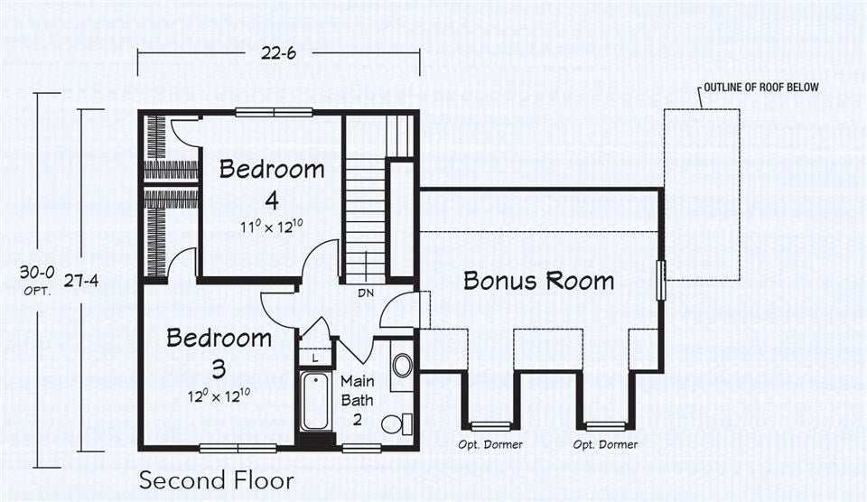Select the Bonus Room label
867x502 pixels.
538,280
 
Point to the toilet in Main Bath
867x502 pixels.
396,423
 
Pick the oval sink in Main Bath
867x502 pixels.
402,365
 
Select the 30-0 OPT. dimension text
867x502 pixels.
38,278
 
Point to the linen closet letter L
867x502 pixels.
313,358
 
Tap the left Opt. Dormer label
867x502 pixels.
489,444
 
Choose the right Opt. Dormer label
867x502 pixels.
605,444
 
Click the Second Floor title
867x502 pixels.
216,479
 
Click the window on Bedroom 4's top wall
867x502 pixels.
267,112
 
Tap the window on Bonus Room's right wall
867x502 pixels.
661,280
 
